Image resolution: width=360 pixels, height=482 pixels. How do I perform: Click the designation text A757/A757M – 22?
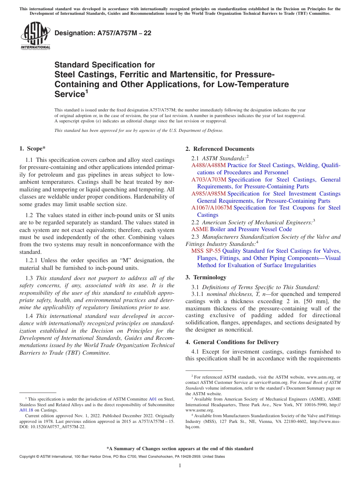pos(103,33)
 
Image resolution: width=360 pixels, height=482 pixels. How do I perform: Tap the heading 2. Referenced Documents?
pos(220,149)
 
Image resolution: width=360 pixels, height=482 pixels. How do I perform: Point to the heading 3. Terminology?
pos(206,277)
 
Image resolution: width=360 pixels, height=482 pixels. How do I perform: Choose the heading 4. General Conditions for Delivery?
pos(232,342)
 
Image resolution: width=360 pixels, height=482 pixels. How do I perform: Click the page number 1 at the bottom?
pos(180,466)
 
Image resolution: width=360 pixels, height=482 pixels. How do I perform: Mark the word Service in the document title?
pos(69,94)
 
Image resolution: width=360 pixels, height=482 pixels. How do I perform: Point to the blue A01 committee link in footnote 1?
pos(153,399)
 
